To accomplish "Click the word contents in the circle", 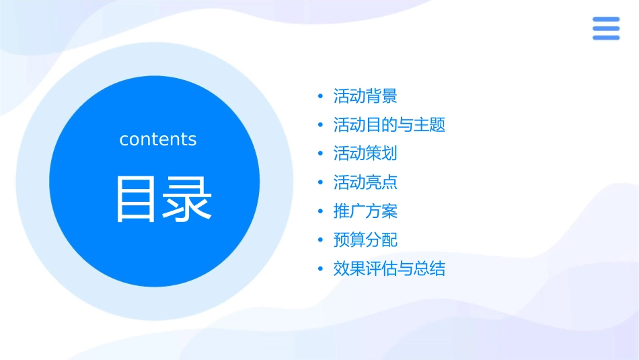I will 158,139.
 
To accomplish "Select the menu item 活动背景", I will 365,96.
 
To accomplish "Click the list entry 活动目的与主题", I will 389,125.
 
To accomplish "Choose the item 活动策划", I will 365,153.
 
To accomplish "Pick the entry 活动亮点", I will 365,182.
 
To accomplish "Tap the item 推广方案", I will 365,211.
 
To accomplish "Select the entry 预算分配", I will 365,240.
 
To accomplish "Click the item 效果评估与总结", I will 389,269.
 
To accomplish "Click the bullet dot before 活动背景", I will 320,97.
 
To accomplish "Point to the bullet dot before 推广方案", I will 320,212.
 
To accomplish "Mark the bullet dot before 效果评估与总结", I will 320,270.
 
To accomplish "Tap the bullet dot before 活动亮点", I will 320,183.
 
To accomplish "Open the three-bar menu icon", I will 606,28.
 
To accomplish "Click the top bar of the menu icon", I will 606,20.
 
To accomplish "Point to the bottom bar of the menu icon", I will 606,38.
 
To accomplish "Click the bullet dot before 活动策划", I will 320,154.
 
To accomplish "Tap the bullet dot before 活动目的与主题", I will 320,126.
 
